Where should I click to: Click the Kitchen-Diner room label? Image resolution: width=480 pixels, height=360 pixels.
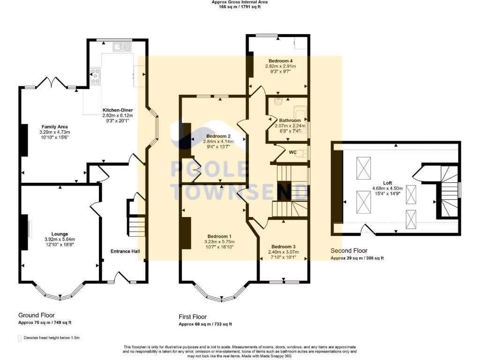pyautogui.click(x=118, y=110)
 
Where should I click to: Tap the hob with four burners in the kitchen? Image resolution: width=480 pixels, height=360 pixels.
pyautogui.click(x=96, y=76)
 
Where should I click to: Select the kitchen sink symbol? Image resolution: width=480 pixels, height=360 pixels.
pyautogui.click(x=122, y=47)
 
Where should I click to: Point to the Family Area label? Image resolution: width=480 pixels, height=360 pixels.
pyautogui.click(x=54, y=127)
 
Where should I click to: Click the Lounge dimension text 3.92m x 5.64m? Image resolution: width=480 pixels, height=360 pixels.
pyautogui.click(x=60, y=240)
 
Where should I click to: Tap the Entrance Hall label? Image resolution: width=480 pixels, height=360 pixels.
pyautogui.click(x=125, y=251)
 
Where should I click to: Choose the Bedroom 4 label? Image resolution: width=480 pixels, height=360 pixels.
pyautogui.click(x=280, y=61)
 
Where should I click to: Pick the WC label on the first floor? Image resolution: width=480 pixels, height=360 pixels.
pyautogui.click(x=292, y=152)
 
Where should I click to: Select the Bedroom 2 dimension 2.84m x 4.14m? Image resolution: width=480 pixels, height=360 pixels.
pyautogui.click(x=218, y=142)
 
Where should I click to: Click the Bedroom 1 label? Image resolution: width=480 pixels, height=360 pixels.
pyautogui.click(x=219, y=236)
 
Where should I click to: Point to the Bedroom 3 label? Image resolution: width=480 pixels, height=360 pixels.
pyautogui.click(x=284, y=247)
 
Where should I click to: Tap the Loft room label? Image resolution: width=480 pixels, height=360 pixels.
pyautogui.click(x=388, y=183)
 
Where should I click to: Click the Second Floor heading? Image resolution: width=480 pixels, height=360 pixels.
pyautogui.click(x=349, y=251)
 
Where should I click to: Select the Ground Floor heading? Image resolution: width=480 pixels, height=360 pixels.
pyautogui.click(x=37, y=315)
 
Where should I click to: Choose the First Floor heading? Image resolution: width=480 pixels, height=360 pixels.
pyautogui.click(x=193, y=317)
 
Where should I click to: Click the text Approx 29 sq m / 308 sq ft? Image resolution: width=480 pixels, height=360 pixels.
pyautogui.click(x=357, y=258)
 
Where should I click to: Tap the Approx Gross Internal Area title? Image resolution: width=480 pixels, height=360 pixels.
pyautogui.click(x=240, y=2)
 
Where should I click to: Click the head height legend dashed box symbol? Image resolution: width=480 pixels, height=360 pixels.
pyautogui.click(x=20, y=338)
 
